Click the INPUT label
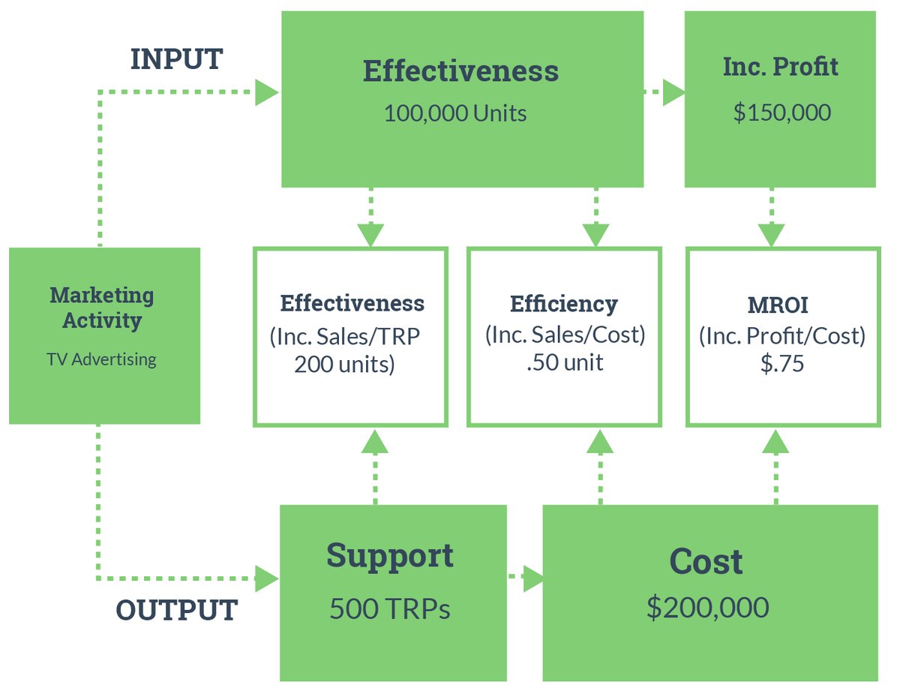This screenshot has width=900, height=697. coord(176,59)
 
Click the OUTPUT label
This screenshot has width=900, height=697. coord(177,609)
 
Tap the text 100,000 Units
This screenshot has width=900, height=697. coord(455,113)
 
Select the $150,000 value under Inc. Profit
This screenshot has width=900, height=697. coord(781,113)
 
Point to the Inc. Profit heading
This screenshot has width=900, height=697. coord(781,68)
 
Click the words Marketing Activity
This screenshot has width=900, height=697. coord(102,308)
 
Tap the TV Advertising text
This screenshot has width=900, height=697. coord(102,359)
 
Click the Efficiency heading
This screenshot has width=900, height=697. coord(564,304)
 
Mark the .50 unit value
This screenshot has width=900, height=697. coord(564,363)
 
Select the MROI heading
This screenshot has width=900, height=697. coord(782,305)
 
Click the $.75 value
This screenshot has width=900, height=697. coord(782,364)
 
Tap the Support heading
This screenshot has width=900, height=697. coord(390,556)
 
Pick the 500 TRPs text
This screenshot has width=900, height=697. coord(390,608)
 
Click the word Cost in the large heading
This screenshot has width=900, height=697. coord(706,562)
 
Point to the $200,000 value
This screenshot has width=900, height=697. coord(708,607)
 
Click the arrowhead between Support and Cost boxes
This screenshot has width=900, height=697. coord(533,578)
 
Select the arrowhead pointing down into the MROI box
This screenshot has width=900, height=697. coord(772,235)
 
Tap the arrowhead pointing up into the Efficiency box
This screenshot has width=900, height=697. coord(599,442)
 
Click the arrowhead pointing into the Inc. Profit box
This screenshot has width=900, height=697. coord(674,92)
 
